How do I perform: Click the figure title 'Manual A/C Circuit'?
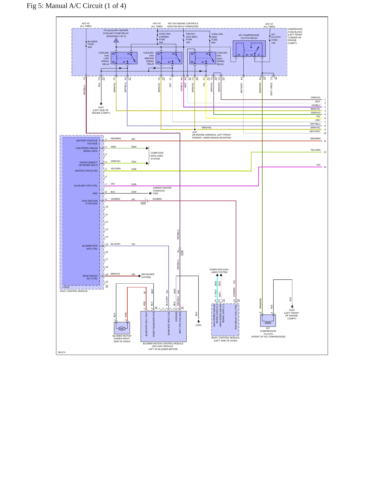74,6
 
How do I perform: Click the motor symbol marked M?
122,329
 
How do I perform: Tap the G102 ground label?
101,107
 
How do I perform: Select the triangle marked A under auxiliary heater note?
116,40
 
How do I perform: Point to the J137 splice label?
195,132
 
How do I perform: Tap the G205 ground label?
199,325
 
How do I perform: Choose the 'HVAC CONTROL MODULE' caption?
74,291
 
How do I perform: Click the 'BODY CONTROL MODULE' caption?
225,338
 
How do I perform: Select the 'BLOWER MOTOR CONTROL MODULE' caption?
163,344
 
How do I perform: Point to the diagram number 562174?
61,352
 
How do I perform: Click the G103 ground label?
292,310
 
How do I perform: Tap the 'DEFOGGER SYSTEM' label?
148,276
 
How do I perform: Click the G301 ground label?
156,193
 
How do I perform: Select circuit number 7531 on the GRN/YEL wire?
134,162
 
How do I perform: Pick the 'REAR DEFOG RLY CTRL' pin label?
90,277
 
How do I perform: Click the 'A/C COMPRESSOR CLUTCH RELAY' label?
249,36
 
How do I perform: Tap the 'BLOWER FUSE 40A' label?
92,44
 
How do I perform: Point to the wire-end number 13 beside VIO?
325,167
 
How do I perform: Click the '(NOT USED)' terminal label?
271,89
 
